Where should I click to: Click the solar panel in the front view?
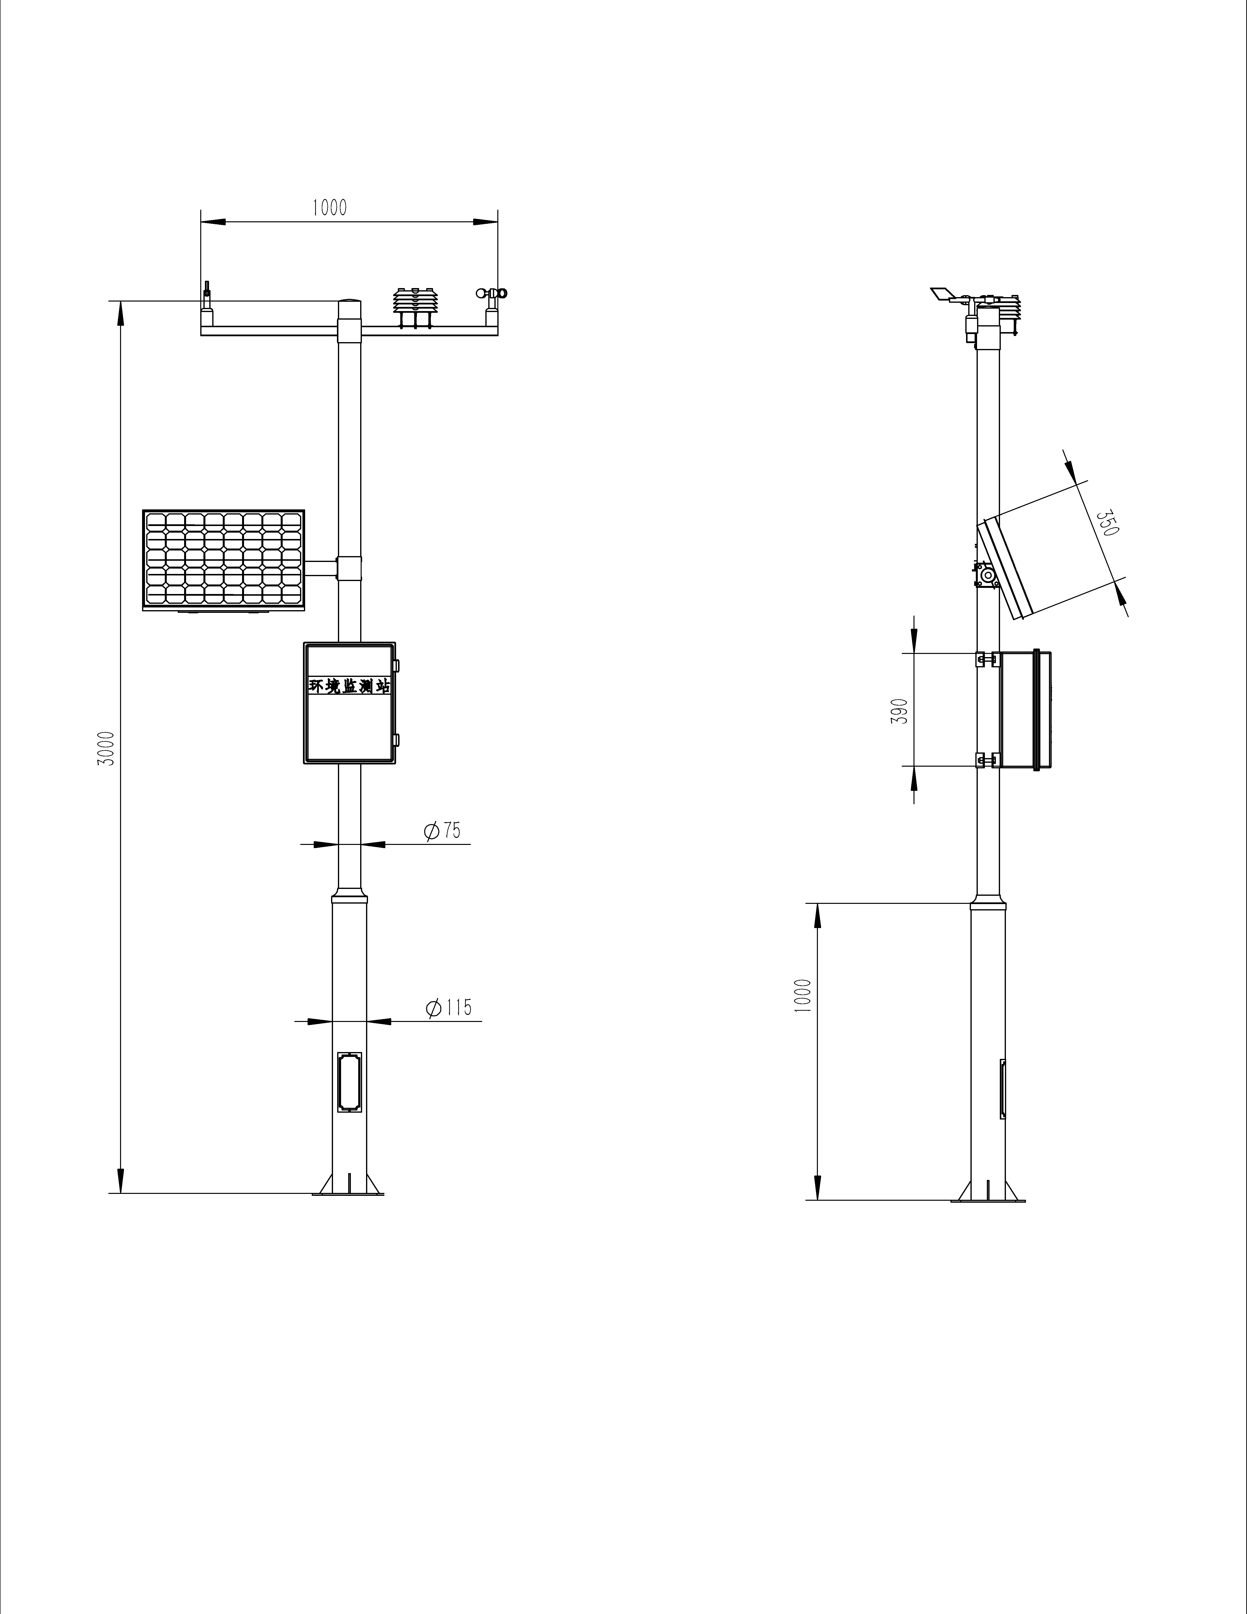pos(223,560)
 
